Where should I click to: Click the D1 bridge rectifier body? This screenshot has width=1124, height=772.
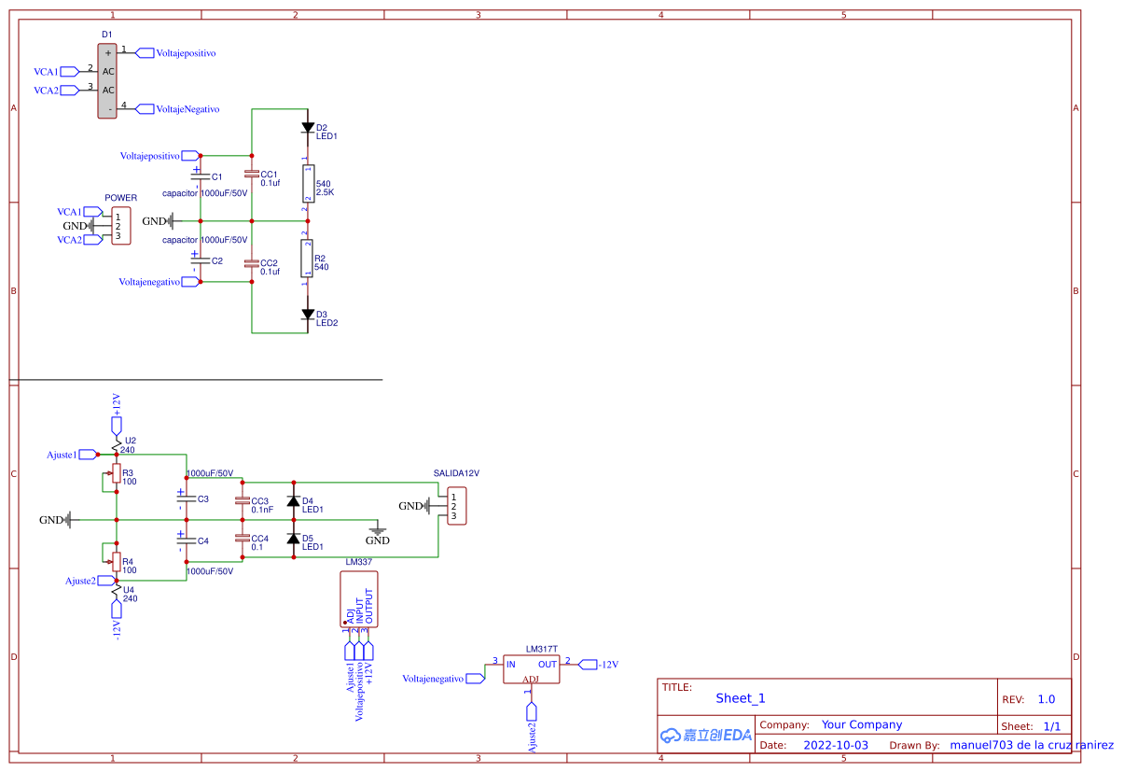pyautogui.click(x=108, y=80)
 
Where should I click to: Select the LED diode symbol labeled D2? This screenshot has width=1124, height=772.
pyautogui.click(x=307, y=128)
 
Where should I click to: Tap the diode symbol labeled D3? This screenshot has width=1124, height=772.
pyautogui.click(x=307, y=315)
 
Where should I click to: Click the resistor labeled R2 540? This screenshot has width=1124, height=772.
pyautogui.click(x=307, y=259)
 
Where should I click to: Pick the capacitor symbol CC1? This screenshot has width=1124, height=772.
pyautogui.click(x=251, y=175)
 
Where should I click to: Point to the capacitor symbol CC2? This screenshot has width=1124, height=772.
pyautogui.click(x=251, y=264)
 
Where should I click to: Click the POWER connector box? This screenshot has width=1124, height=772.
pyautogui.click(x=120, y=226)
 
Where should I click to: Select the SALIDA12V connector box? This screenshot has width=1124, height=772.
pyautogui.click(x=456, y=506)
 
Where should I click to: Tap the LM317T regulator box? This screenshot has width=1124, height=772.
pyautogui.click(x=532, y=668)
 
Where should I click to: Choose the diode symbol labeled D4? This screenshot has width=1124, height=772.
pyautogui.click(x=293, y=501)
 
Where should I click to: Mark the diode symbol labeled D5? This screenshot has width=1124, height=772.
pyautogui.click(x=293, y=539)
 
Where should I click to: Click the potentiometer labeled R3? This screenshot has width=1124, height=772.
pyautogui.click(x=116, y=474)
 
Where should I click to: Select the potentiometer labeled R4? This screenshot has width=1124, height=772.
pyautogui.click(x=116, y=562)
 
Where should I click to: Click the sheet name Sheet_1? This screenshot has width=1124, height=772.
pyautogui.click(x=741, y=698)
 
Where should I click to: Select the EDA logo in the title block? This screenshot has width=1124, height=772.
pyautogui.click(x=706, y=735)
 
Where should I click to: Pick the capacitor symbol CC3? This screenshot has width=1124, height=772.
pyautogui.click(x=243, y=501)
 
